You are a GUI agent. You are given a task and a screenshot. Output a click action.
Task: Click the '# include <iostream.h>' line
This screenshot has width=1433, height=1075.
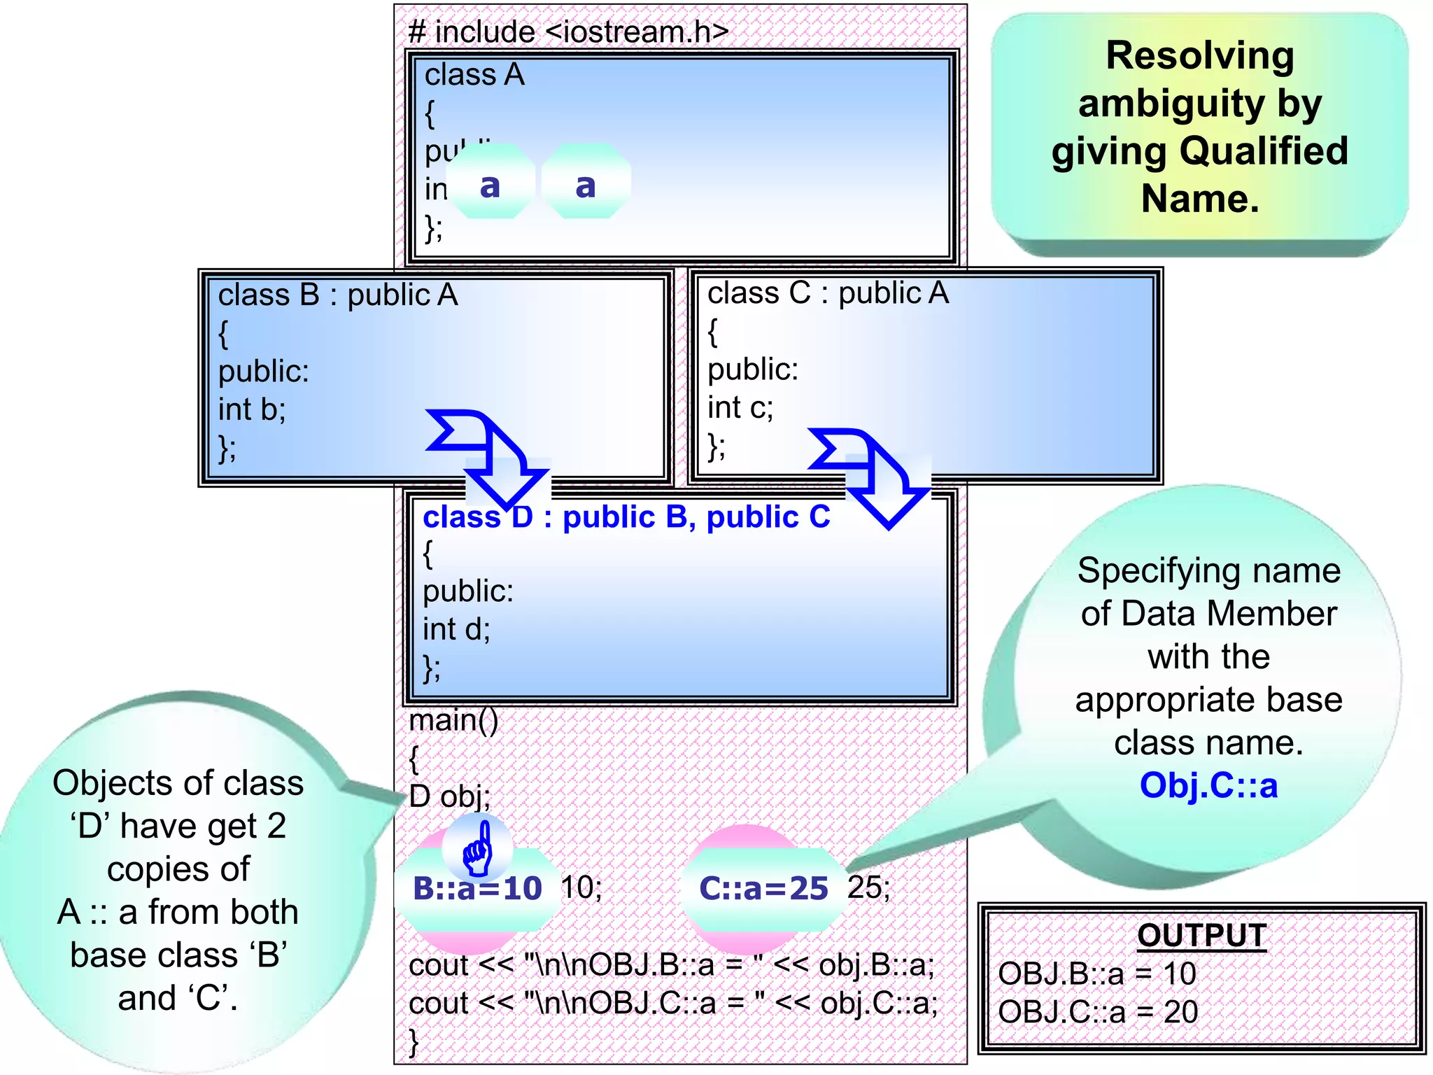pos(568,32)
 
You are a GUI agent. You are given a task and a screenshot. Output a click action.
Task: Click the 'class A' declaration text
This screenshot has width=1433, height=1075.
pos(474,74)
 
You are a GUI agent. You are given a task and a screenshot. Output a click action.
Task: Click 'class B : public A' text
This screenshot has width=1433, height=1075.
pos(338,295)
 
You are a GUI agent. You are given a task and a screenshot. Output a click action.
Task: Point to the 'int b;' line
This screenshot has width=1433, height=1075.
pos(252,409)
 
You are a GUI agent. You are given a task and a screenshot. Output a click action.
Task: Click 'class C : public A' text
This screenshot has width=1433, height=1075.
pos(828,293)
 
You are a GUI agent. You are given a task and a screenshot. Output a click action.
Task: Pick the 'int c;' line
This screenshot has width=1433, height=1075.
pos(740,407)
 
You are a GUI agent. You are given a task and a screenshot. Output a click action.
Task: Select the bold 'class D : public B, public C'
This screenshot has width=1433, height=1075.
pos(626,517)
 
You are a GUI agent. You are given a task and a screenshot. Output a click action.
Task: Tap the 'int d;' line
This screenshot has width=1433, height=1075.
pos(456,629)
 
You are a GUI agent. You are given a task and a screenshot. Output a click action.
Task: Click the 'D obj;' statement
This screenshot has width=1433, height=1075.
pos(449,796)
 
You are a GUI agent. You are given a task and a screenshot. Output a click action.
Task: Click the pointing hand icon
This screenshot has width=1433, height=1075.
pos(479,849)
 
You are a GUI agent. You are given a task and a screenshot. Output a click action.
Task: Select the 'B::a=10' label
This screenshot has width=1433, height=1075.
pos(478,888)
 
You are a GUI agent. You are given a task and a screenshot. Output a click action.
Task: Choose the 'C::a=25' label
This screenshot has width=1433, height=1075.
pos(763,888)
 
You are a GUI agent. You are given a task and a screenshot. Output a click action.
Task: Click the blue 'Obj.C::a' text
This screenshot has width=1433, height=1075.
pos(1208,785)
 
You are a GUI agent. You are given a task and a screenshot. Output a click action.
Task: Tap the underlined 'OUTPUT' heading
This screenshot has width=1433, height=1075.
pos(1201,936)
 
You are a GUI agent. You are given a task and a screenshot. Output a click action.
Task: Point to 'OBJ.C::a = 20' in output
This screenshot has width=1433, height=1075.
pos(1097,1012)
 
